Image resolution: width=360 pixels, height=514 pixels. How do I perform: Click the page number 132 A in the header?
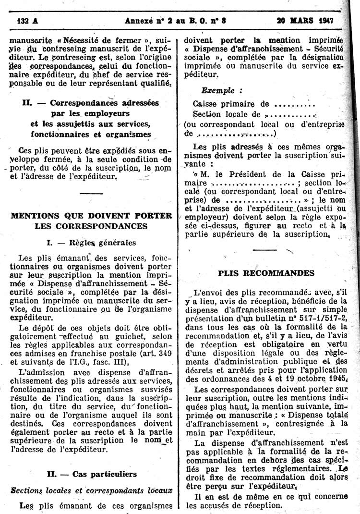point(27,21)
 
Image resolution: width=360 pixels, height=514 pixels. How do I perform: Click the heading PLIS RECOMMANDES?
point(266,273)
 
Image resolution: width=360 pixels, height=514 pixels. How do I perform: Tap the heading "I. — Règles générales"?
point(91,243)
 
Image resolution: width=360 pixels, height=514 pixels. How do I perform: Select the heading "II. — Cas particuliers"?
point(91,474)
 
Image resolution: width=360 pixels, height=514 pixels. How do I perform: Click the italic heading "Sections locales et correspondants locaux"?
point(91,490)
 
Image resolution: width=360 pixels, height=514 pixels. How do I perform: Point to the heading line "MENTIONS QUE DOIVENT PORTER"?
point(91,215)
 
